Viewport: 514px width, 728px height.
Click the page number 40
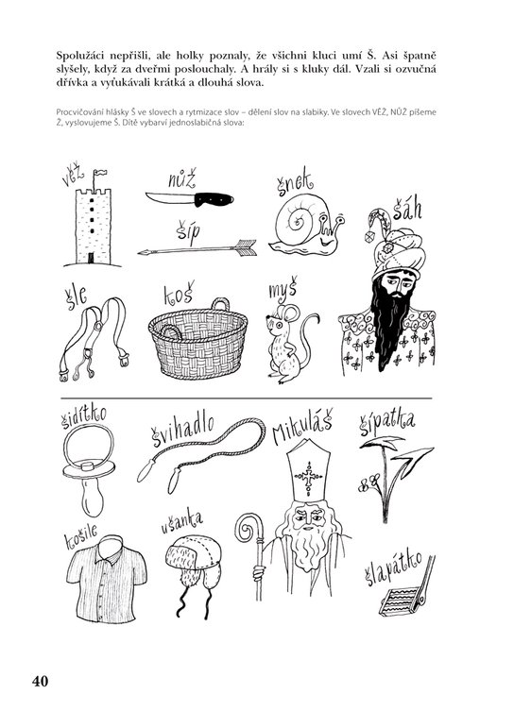(40, 681)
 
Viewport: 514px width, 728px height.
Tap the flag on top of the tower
(99, 174)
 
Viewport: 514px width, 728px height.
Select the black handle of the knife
(214, 199)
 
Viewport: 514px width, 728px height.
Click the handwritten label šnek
(293, 182)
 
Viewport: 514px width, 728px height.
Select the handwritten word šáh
(407, 209)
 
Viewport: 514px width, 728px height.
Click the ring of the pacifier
(88, 445)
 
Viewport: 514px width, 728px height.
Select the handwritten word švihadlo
(182, 430)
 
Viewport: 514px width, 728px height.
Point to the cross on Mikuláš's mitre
(308, 476)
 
